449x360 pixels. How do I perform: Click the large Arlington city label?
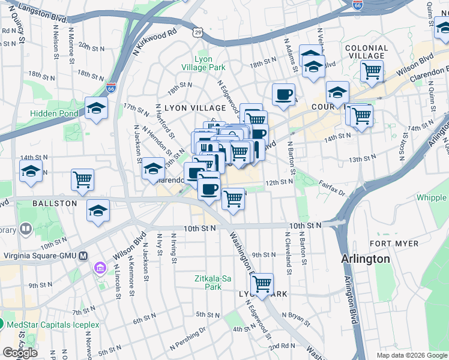point(365,259)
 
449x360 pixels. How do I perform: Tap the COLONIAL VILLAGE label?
point(366,52)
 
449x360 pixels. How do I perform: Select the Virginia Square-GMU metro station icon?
point(83,254)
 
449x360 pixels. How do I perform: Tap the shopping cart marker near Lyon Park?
point(262,284)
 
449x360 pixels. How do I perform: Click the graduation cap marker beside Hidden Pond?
point(96,108)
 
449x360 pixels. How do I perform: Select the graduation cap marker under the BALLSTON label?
point(98,211)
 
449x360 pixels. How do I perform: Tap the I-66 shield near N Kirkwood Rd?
point(110,88)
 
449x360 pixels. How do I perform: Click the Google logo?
point(20,352)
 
